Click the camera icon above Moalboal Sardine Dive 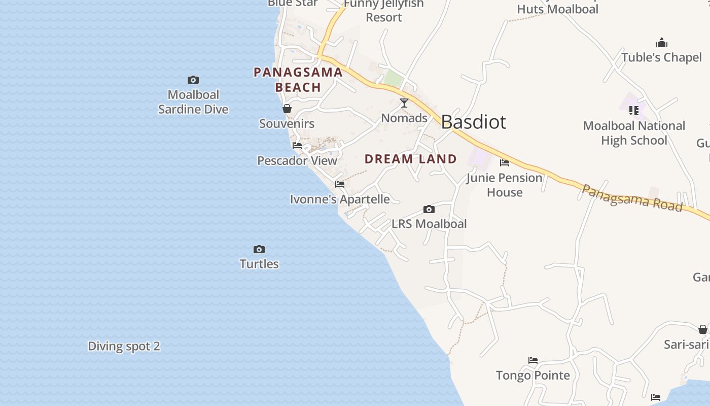click(x=193, y=80)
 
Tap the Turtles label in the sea click(x=259, y=264)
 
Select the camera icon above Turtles click(x=259, y=249)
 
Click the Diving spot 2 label click(x=124, y=346)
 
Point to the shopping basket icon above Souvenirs click(x=287, y=109)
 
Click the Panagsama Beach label click(x=298, y=80)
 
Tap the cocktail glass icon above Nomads click(x=404, y=103)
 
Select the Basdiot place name click(x=473, y=122)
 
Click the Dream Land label click(x=411, y=159)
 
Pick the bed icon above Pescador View click(x=297, y=146)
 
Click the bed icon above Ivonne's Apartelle click(x=340, y=184)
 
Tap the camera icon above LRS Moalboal click(x=429, y=209)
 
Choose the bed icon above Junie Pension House click(x=505, y=163)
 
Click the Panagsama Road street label click(x=631, y=197)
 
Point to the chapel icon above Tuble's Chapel click(x=662, y=43)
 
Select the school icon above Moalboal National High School click(x=634, y=110)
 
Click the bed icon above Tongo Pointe click(x=533, y=360)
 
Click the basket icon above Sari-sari click(x=703, y=330)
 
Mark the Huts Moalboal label click(x=558, y=9)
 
